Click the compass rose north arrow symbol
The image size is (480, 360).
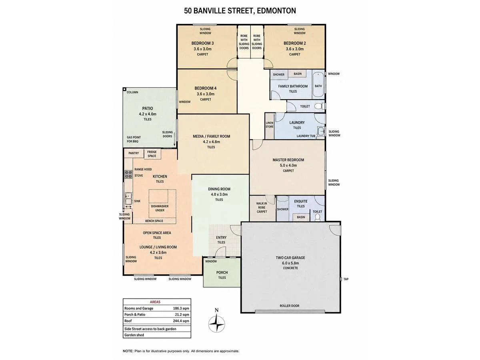[216, 324]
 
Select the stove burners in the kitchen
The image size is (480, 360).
[128, 174]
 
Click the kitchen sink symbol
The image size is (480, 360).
[128, 198]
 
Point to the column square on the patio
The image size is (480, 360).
[124, 89]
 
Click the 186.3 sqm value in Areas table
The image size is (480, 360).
[181, 308]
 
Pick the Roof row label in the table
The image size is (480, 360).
[128, 321]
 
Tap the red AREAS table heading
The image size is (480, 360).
[155, 302]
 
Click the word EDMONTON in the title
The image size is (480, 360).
[276, 11]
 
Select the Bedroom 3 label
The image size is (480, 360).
[202, 43]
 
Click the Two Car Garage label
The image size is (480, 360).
[290, 258]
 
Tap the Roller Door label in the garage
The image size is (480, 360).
[289, 306]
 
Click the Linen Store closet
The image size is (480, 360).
[270, 126]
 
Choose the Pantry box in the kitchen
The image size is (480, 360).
[134, 153]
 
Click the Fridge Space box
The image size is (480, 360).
[152, 154]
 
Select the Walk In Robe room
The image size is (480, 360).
[262, 208]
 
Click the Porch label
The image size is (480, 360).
[222, 272]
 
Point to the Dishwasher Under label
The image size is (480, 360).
[160, 208]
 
